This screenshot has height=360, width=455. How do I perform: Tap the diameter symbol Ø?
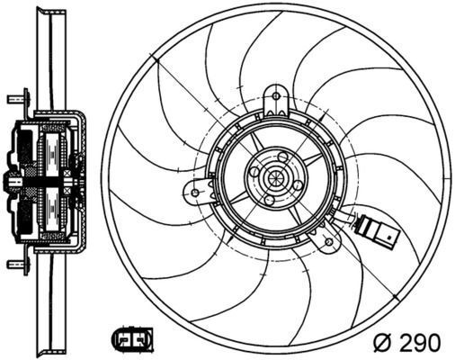pos(381,342)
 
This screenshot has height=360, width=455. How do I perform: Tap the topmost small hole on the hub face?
pos(281,158)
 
